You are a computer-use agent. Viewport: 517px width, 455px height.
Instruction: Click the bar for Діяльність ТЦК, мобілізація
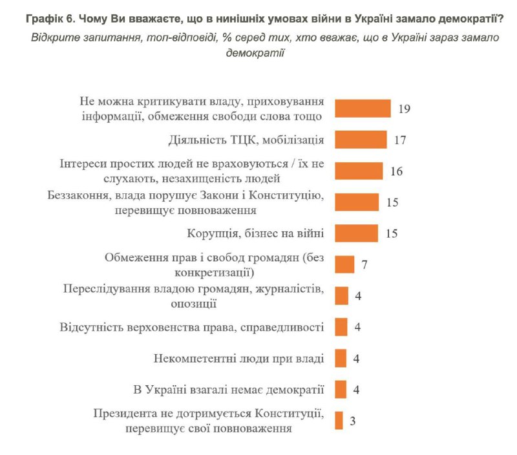pos(361,140)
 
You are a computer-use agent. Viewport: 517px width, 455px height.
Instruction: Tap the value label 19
pos(405,109)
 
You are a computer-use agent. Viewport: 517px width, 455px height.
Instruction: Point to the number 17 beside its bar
pos(400,140)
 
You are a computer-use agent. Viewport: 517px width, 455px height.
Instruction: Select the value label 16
pos(396,171)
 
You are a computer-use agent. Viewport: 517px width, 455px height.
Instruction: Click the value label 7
pos(364,265)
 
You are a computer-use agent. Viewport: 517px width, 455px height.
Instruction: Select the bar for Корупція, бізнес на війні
pos(356,233)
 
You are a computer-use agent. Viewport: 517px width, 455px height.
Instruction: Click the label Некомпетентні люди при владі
pos(239,359)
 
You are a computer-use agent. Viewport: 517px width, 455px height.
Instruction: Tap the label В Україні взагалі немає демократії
pos(227,390)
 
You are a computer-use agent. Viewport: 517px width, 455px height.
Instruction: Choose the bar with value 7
pos(344,265)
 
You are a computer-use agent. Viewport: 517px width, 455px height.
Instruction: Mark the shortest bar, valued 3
pos(339,421)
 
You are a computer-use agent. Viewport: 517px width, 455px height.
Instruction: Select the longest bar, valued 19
pos(363,109)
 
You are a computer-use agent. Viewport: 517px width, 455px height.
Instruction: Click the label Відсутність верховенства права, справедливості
pos(191,327)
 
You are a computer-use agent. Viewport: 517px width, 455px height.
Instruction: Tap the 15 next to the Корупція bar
pos(391,233)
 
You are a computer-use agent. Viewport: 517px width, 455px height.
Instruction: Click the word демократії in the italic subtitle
pos(255,53)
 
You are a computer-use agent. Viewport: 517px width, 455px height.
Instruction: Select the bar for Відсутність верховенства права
pos(341,327)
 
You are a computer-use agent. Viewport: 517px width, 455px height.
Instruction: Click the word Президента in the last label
pos(124,414)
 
